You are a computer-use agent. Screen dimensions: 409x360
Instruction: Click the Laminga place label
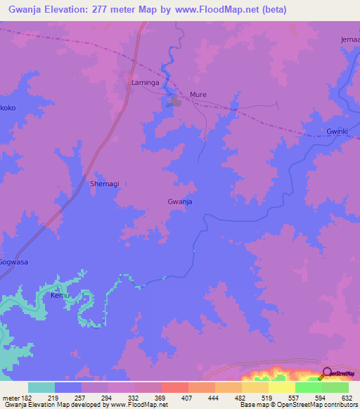[145, 83]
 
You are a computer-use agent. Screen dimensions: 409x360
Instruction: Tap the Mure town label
[198, 94]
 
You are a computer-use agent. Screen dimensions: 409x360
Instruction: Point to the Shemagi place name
[104, 183]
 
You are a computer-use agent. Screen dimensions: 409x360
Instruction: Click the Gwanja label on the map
[180, 202]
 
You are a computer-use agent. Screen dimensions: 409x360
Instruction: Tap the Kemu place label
[59, 296]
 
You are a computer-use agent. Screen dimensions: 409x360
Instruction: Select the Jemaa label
[349, 39]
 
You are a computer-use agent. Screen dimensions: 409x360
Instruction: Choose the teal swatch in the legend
[41, 387]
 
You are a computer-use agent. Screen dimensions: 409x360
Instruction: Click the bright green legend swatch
[308, 387]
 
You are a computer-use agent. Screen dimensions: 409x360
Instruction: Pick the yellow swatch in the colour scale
[281, 387]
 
